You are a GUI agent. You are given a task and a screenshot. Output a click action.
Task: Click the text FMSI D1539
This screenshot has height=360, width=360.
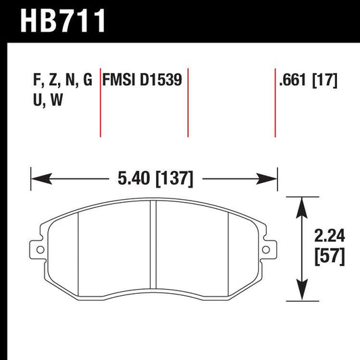(x=142, y=81)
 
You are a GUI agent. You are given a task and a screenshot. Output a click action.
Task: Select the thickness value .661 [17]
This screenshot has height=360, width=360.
(x=307, y=81)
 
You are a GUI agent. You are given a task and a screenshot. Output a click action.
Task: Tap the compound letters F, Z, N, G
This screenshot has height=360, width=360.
(x=61, y=81)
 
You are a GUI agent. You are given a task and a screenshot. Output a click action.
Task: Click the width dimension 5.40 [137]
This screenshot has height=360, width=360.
(x=154, y=180)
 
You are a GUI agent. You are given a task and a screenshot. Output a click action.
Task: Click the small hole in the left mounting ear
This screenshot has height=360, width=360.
(x=38, y=250)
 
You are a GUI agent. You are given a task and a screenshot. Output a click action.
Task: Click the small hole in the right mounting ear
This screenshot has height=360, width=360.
(x=272, y=250)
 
